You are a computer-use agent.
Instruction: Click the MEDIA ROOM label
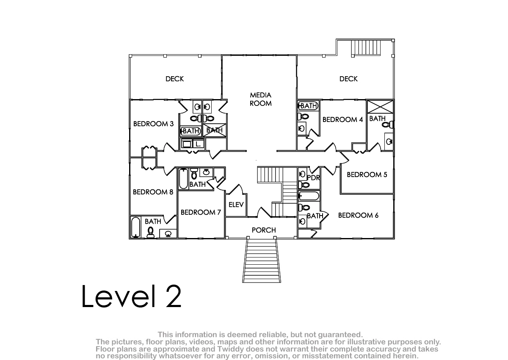coord(261,99)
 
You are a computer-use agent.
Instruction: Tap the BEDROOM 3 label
coord(153,124)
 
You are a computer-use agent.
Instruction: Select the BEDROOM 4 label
coord(342,119)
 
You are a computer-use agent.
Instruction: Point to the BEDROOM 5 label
coord(367,174)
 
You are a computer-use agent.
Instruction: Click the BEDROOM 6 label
coord(358,215)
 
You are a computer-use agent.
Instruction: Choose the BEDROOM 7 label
coord(201,212)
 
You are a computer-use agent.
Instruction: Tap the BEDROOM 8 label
coord(153,192)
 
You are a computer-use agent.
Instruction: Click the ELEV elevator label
coord(236,205)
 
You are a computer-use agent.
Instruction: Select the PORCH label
coord(264,230)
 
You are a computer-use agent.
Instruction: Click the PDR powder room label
coord(313,178)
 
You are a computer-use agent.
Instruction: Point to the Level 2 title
coord(131,296)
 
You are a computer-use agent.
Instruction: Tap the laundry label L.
coord(198,144)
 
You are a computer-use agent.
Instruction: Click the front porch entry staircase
coord(262,260)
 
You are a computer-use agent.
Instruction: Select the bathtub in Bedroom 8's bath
coord(135,227)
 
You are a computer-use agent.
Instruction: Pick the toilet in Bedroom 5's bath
coord(388,125)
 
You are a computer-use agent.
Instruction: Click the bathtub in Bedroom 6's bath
coord(309,196)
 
